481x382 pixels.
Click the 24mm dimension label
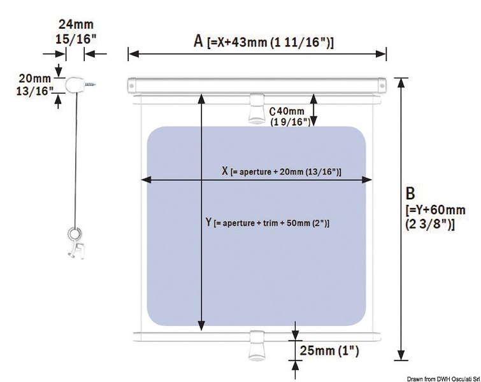click(75, 25)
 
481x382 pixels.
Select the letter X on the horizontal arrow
click(224, 171)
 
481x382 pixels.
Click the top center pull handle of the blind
click(256, 109)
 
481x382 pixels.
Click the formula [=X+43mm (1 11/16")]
click(271, 43)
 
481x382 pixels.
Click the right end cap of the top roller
click(381, 84)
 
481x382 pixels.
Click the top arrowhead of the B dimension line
click(401, 81)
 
